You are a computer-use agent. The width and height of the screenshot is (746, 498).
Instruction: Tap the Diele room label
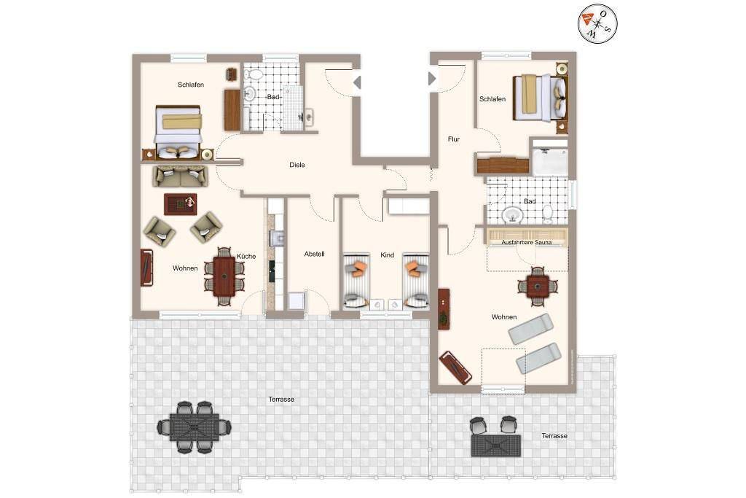tap(297, 165)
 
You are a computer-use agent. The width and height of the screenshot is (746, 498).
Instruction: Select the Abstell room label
tap(314, 254)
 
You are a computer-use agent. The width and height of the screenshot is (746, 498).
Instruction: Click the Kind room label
tap(388, 254)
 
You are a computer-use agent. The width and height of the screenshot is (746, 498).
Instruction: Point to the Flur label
tap(453, 139)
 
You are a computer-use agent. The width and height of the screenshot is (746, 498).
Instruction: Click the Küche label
tap(246, 256)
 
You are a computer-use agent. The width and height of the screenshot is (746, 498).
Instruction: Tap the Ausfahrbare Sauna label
tap(526, 242)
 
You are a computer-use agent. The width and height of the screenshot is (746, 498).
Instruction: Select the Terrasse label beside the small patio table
tap(554, 435)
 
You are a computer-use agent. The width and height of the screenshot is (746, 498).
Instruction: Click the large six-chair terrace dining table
tap(195, 427)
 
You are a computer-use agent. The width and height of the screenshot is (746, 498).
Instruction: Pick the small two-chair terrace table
tap(495, 437)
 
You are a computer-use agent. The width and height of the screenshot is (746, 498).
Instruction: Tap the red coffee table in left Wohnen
tap(181, 203)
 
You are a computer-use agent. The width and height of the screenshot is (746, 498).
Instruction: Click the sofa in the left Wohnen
tap(181, 176)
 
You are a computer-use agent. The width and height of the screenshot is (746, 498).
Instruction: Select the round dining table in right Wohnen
tap(538, 287)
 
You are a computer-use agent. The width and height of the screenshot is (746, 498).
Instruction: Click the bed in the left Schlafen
tap(178, 132)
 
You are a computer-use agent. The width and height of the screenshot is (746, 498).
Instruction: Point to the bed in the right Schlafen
tap(540, 98)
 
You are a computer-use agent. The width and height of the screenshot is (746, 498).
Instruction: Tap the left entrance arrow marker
tap(357, 83)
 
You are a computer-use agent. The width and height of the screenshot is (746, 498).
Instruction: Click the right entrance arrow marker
tap(432, 78)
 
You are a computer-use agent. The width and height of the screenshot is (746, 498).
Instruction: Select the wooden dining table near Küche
tap(224, 276)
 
